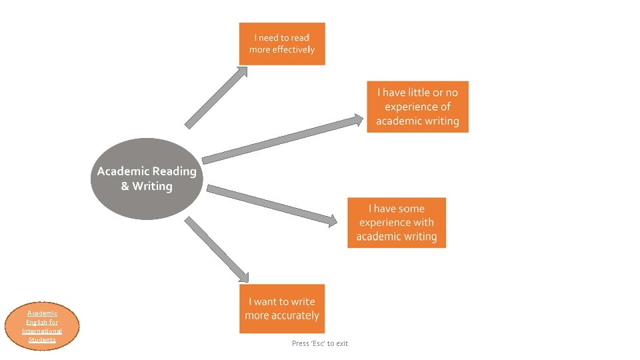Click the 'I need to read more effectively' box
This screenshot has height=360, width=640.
point(282,44)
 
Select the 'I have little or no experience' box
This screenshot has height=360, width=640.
point(417,107)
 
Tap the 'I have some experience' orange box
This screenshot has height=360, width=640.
point(396,223)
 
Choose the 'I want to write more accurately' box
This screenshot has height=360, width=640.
point(282,309)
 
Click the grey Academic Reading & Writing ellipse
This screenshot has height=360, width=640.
point(147,179)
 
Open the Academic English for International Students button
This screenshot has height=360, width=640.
point(42,327)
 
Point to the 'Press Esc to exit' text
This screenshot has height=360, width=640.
point(320,343)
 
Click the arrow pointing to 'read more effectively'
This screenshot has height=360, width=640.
point(215,97)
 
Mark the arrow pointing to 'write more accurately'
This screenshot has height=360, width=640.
point(216,249)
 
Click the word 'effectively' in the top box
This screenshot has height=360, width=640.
point(293,50)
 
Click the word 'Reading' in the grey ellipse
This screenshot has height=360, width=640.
point(175,171)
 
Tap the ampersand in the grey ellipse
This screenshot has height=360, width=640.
point(125,187)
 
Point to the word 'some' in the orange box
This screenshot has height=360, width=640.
point(411,209)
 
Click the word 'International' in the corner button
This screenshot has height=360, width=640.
point(42,331)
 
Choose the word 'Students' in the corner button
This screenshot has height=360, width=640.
point(42,340)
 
